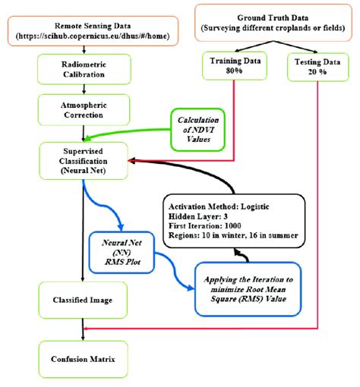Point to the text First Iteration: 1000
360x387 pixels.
pos(206,226)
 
